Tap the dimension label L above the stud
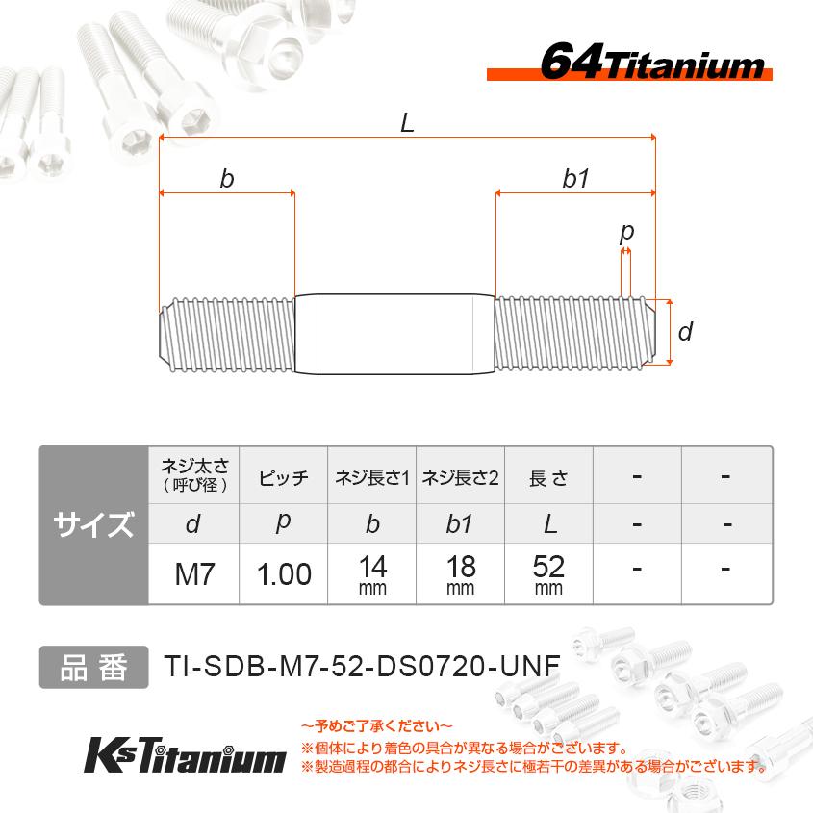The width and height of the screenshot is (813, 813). tap(407, 123)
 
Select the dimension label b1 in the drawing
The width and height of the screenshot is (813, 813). tap(575, 178)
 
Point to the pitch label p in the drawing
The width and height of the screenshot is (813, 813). tap(627, 232)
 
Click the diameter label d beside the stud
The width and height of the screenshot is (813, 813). tap(685, 333)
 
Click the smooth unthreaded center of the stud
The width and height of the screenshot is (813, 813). tap(394, 333)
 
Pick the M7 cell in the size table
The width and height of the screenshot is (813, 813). tap(193, 574)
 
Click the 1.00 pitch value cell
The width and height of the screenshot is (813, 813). tap(284, 574)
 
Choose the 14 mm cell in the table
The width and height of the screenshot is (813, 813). tap(372, 574)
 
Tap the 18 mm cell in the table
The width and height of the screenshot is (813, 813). tap(460, 574)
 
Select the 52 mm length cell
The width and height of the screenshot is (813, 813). tap(548, 574)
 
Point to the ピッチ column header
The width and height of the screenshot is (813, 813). tap(284, 477)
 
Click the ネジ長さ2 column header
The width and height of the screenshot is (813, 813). tap(460, 477)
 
